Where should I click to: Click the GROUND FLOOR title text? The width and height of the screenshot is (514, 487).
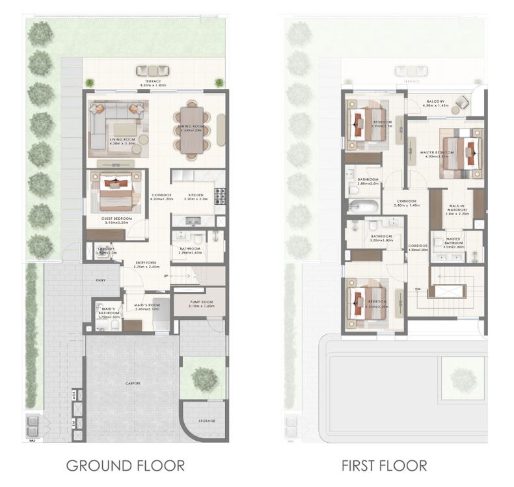126,466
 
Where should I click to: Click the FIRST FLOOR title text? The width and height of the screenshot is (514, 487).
385,466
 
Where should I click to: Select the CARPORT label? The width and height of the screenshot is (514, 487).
133,384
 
